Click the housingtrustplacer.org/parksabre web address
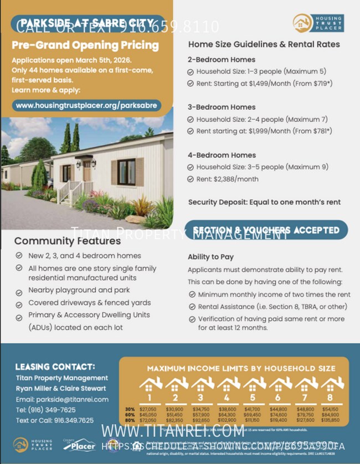tap(86, 105)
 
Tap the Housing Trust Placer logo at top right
tap(318, 23)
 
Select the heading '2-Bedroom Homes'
tap(222, 59)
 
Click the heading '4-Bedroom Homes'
tap(222, 155)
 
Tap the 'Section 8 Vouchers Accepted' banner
tap(266, 230)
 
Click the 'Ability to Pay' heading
tap(210, 257)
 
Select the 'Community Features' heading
tap(67, 241)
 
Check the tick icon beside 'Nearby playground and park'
tap(19, 290)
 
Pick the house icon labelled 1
tap(149, 388)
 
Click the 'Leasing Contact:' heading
tap(55, 367)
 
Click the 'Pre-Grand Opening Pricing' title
tap(85, 45)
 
